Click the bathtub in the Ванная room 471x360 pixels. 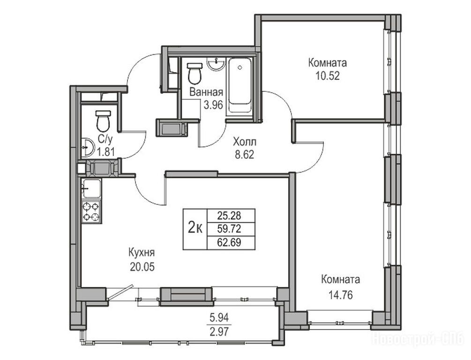click(x=240, y=85)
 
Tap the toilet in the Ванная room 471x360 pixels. click(x=194, y=74)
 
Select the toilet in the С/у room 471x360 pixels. click(x=103, y=121)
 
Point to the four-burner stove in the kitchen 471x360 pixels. click(x=91, y=211)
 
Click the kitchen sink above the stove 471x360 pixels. click(x=91, y=189)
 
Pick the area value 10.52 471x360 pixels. click(x=328, y=76)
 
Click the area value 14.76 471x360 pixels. click(x=340, y=295)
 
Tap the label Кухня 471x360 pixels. click(x=142, y=253)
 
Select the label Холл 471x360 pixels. click(x=245, y=141)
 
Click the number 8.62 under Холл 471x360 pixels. click(x=245, y=155)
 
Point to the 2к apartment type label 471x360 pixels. click(x=195, y=229)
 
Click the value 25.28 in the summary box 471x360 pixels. click(x=229, y=216)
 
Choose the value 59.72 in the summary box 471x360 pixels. click(x=229, y=229)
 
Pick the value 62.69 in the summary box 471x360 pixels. click(x=229, y=242)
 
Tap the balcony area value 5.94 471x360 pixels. click(x=219, y=317)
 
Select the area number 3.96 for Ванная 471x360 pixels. click(x=213, y=105)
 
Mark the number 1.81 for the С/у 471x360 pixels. click(x=105, y=152)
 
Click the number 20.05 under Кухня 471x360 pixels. click(x=142, y=267)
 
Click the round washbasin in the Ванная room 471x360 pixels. click(x=216, y=63)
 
